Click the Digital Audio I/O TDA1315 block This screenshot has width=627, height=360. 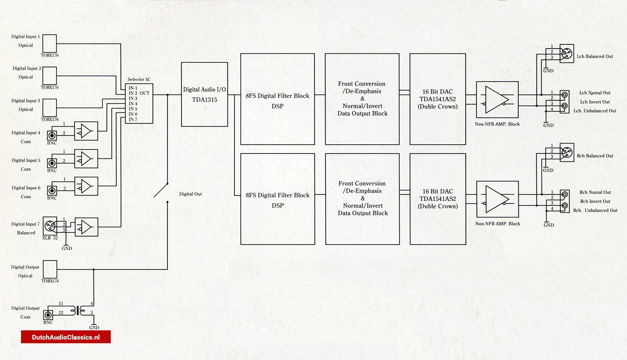pyautogui.click(x=204, y=94)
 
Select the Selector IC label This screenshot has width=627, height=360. pyautogui.click(x=139, y=79)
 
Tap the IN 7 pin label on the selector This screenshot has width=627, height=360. pyautogui.click(x=133, y=120)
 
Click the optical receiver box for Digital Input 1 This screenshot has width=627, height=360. pyautogui.click(x=49, y=43)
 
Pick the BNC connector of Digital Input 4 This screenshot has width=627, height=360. pyautogui.click(x=52, y=135)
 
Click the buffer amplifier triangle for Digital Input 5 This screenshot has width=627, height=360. pyautogui.click(x=86, y=159)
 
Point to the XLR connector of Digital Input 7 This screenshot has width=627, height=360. pyautogui.click(x=50, y=226)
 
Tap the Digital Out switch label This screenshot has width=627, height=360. pyautogui.click(x=191, y=194)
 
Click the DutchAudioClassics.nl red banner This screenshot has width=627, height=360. pyautogui.click(x=66, y=337)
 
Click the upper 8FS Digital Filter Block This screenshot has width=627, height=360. pyautogui.click(x=278, y=99)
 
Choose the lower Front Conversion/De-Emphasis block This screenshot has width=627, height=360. pyautogui.click(x=362, y=199)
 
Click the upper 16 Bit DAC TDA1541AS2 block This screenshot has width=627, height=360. pyautogui.click(x=438, y=99)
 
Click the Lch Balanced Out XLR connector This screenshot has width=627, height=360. pyautogui.click(x=567, y=54)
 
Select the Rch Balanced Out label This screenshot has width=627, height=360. pyautogui.click(x=595, y=156)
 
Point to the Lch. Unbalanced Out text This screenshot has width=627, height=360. pyautogui.click(x=595, y=111)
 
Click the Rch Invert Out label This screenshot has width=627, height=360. pyautogui.click(x=595, y=202)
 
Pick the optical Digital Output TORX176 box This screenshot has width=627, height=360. pyautogui.click(x=50, y=269)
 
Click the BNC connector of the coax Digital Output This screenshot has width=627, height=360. pyautogui.click(x=48, y=314)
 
